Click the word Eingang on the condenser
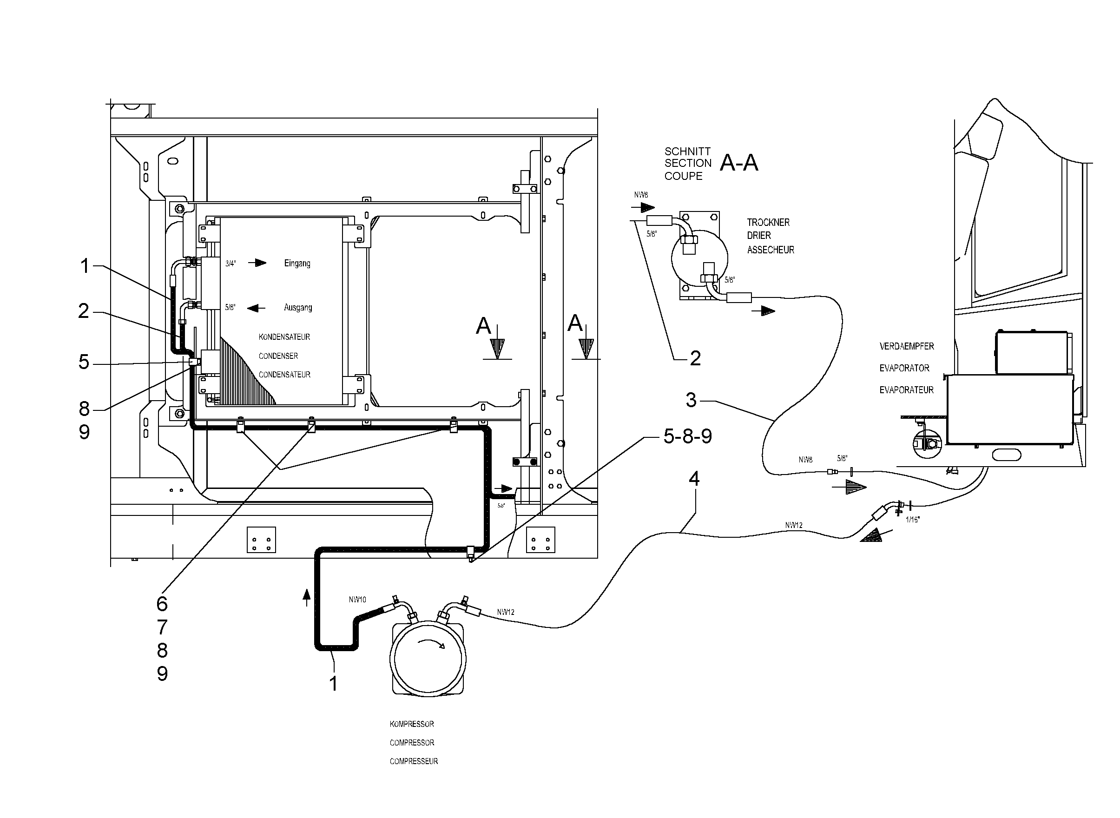(x=297, y=264)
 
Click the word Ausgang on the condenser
(x=298, y=308)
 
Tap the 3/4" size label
(x=230, y=264)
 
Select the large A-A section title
(x=739, y=162)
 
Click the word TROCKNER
(x=769, y=222)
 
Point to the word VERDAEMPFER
(x=907, y=346)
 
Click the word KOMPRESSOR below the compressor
(x=411, y=724)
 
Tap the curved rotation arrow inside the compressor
(x=430, y=642)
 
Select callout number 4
(x=694, y=479)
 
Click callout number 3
(x=691, y=400)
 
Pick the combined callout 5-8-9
(x=687, y=436)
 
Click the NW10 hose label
(x=357, y=600)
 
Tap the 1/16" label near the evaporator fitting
(x=912, y=520)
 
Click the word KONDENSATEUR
(x=284, y=336)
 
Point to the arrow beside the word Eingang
(x=257, y=263)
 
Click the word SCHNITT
(x=687, y=152)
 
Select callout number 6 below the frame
(x=162, y=604)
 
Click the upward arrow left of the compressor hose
(x=307, y=598)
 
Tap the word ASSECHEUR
(x=771, y=250)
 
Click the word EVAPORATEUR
(x=907, y=389)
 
